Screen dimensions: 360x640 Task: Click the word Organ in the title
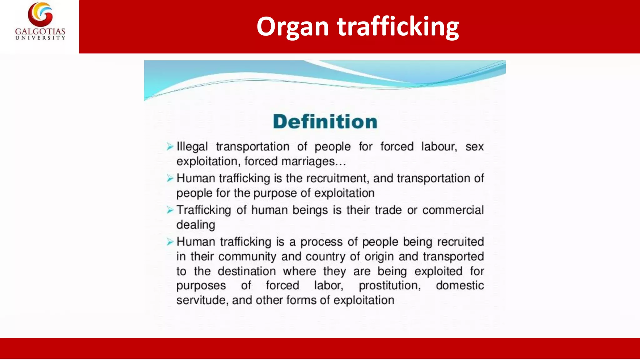(292, 27)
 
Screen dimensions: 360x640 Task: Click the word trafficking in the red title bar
(398, 27)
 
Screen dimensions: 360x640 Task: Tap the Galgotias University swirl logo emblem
(40, 14)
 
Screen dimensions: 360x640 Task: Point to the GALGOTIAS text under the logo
(40, 32)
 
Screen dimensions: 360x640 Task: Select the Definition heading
(325, 122)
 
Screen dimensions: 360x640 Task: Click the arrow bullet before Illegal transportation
(170, 147)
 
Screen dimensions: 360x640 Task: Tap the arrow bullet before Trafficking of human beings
(170, 210)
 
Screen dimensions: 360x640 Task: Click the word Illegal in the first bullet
(192, 147)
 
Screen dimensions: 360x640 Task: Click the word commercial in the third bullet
(453, 210)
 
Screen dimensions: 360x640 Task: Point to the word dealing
(196, 225)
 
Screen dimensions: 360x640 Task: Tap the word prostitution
(389, 285)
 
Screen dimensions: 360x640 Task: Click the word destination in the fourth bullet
(247, 271)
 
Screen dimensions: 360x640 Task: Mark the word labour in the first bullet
(439, 147)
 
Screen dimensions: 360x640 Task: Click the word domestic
(460, 285)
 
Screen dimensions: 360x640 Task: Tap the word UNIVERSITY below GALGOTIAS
(40, 38)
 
